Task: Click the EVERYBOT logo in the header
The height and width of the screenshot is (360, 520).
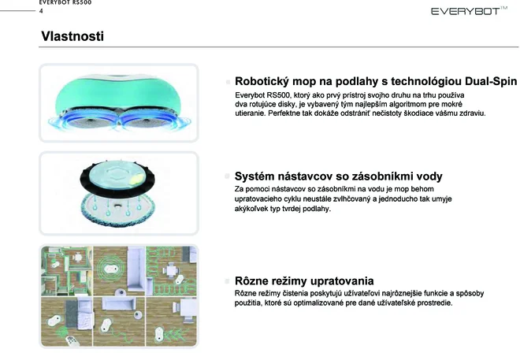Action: (x=469, y=11)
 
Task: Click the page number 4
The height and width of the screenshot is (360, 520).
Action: (x=41, y=11)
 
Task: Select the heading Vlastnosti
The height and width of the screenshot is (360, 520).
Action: (x=72, y=36)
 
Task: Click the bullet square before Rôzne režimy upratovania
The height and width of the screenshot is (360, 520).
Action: (x=227, y=281)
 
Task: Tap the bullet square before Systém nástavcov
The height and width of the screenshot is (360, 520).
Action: (x=227, y=176)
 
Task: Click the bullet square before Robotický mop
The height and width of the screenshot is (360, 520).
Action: (x=228, y=82)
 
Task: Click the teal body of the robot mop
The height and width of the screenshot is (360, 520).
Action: (x=117, y=94)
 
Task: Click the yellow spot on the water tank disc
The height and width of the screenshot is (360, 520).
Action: (x=136, y=180)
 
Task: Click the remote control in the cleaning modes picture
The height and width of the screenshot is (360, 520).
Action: (x=71, y=341)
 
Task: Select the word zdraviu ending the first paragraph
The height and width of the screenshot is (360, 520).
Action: (x=472, y=113)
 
